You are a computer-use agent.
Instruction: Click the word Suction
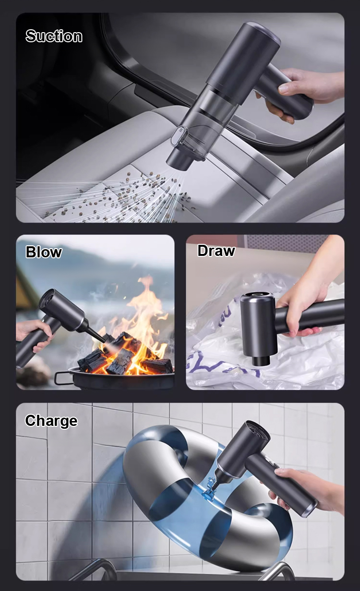coord(54,36)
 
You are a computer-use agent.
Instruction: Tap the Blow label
coord(44,252)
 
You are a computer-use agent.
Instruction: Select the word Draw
coord(216,251)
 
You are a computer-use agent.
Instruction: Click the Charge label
coord(51,421)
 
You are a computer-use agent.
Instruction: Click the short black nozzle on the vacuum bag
coord(262,360)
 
